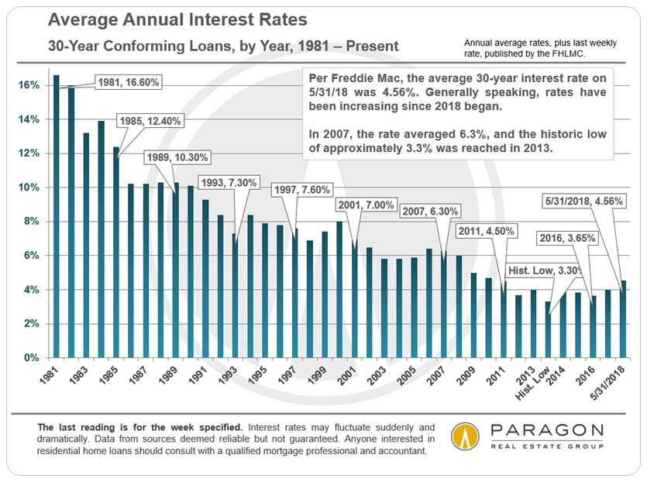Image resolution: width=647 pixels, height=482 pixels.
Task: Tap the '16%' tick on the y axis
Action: tap(29, 84)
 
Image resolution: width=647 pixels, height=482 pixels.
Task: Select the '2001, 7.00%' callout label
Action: tap(366, 206)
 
